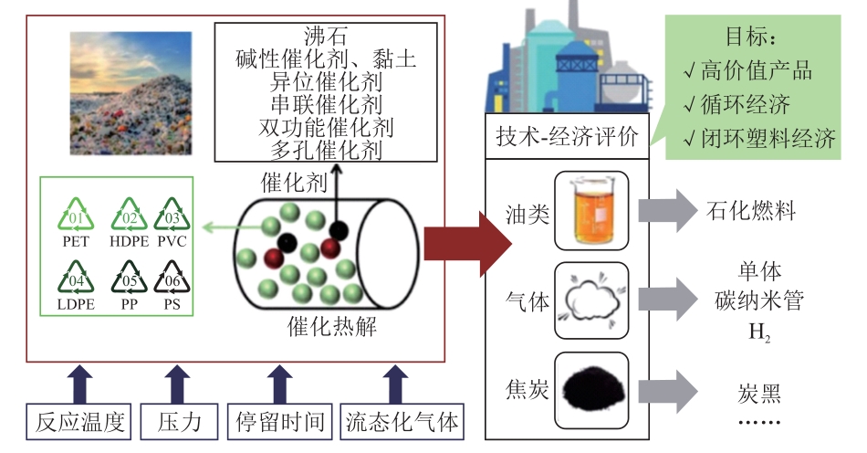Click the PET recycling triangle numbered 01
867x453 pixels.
click(76, 216)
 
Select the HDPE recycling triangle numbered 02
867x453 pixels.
click(129, 216)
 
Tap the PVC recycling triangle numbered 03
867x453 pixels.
click(172, 216)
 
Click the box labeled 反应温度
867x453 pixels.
click(79, 422)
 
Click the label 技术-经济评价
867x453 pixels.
click(567, 136)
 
